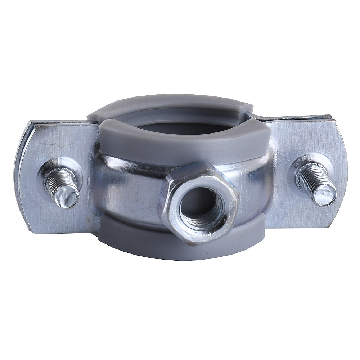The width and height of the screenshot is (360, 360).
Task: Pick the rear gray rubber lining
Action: [169, 104]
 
